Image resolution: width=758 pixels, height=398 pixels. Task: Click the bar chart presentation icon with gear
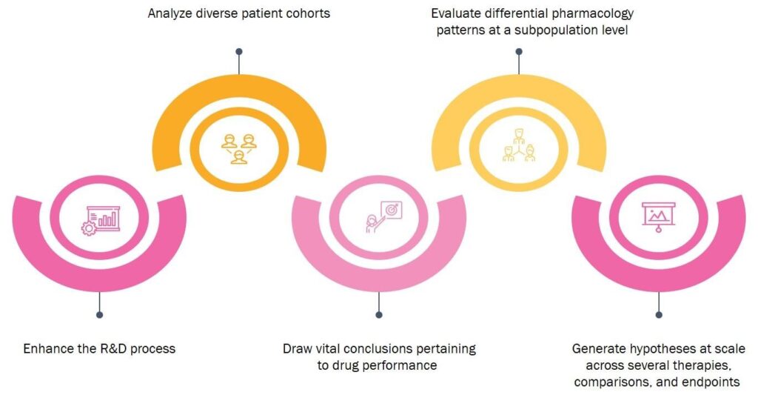point(101,220)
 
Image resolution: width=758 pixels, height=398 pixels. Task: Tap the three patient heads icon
point(239,149)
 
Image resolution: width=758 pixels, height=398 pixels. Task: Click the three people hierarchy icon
point(519,145)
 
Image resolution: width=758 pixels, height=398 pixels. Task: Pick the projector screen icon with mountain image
point(658,217)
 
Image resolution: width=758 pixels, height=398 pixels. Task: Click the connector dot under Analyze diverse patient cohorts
point(239,52)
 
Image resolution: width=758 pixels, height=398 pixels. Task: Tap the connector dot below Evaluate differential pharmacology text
point(519,52)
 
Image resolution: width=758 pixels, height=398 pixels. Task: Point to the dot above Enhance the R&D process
point(100,315)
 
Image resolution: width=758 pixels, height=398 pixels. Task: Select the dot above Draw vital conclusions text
point(379,315)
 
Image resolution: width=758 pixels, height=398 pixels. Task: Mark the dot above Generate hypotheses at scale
point(658,315)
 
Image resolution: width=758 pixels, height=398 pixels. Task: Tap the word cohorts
point(309,13)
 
